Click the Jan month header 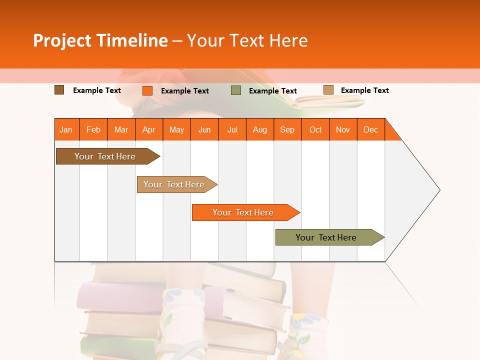(66, 129)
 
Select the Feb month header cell (93, 129)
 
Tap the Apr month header (149, 129)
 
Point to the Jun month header (204, 129)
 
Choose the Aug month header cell (260, 129)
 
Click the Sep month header (287, 129)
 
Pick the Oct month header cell (315, 129)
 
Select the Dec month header (371, 129)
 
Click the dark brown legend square (59, 90)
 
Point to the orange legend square (147, 90)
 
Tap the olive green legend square (236, 90)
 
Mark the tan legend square (328, 90)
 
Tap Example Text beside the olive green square (273, 91)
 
